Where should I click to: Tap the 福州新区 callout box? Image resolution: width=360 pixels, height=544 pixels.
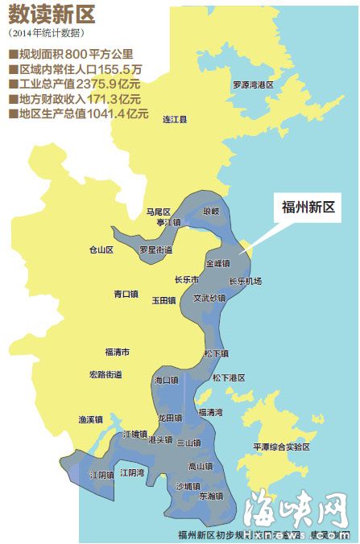[x=308, y=208]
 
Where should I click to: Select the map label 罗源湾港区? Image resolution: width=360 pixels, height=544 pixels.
[x=253, y=84]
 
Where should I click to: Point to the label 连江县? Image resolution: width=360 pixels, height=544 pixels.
[x=175, y=119]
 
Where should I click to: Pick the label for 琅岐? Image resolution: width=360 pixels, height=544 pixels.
[x=211, y=211]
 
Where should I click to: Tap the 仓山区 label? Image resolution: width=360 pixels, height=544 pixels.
[x=101, y=250]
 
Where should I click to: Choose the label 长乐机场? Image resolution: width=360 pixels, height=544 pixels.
[x=245, y=281]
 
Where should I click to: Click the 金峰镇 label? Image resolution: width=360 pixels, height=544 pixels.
[x=217, y=263]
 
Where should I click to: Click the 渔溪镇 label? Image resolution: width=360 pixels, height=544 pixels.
[x=90, y=419]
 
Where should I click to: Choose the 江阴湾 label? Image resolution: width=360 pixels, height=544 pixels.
[x=132, y=472]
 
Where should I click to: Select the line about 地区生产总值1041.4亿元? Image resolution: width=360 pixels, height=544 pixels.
[x=79, y=113]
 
